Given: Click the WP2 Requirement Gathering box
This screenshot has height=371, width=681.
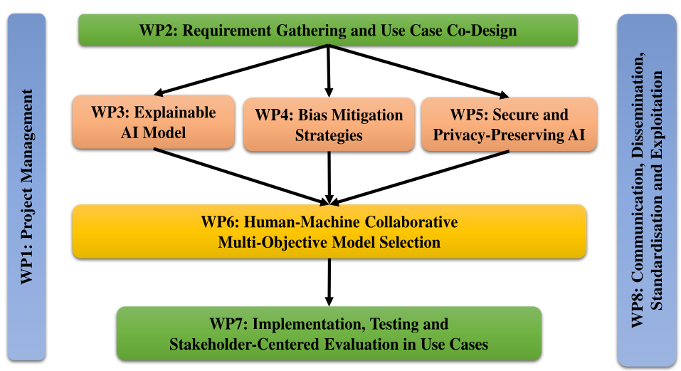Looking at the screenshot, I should click(327, 31).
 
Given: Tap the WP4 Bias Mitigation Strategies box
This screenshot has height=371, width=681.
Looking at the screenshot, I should click(329, 125).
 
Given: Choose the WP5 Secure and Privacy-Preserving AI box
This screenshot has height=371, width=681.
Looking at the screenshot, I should click(509, 125).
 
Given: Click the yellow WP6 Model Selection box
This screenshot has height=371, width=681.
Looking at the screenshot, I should click(328, 231).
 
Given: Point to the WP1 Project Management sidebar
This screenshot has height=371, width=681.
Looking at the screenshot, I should click(27, 187).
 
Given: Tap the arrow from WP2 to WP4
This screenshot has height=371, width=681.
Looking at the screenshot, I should click(328, 71).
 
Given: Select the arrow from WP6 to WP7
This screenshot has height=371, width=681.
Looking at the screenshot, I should click(328, 280).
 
